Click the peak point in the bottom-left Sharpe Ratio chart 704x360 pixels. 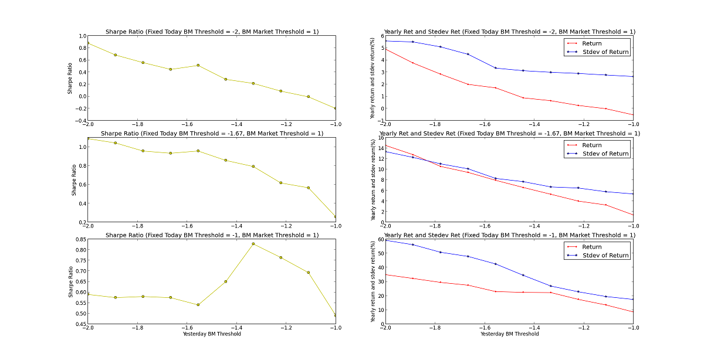[253, 244]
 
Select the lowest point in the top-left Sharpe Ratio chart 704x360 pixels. [336, 108]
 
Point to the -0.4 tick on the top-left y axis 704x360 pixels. [79, 121]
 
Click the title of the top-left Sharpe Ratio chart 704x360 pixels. [212, 31]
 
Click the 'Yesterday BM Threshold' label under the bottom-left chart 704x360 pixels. [212, 334]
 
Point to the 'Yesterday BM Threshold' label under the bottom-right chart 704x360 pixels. [509, 334]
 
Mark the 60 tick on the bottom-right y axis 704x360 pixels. [378, 239]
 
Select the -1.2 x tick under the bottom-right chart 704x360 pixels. [584, 329]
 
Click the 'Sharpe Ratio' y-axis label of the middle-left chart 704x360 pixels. [73, 181]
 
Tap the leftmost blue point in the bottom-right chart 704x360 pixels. [385, 240]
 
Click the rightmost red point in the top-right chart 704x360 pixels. [633, 115]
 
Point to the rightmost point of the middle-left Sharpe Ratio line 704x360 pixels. [336, 216]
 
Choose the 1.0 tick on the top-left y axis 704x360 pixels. [81, 36]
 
